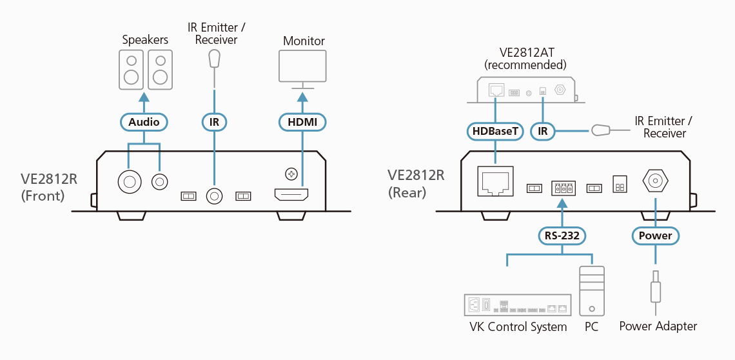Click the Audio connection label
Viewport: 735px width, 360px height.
tap(144, 122)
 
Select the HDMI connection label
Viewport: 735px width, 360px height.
tap(302, 122)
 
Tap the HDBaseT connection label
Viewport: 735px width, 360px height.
tap(495, 132)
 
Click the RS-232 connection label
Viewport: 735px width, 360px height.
tap(561, 235)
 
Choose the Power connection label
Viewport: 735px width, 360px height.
tap(655, 235)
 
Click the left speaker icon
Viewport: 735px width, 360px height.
tap(132, 70)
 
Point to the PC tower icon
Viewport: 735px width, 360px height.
tap(591, 290)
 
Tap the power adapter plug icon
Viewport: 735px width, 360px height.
tap(656, 288)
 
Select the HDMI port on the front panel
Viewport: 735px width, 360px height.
tap(291, 194)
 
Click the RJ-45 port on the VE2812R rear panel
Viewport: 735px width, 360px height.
tap(495, 181)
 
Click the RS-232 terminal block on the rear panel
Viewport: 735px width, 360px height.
tap(563, 188)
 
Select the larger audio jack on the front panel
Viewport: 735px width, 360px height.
tap(130, 183)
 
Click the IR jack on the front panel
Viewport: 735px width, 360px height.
tap(213, 195)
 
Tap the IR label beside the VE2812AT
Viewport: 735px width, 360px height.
tap(543, 132)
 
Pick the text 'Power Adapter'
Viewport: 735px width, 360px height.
tap(658, 326)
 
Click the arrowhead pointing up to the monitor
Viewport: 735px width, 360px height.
tap(302, 97)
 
